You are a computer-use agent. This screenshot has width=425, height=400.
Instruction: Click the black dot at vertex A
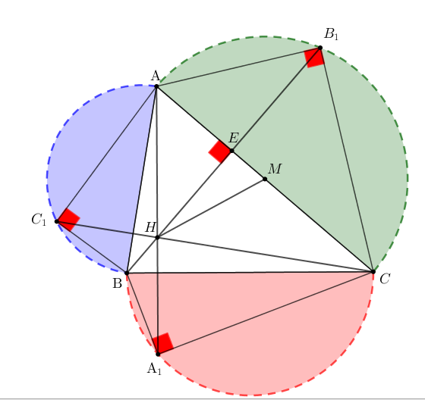pos(156,86)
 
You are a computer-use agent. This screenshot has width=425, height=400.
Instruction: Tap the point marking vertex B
pos(127,273)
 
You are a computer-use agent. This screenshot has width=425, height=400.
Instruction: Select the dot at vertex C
pos(373,271)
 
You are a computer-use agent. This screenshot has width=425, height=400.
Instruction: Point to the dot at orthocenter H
pos(158,237)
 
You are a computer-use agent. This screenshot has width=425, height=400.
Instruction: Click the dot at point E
pos(231,151)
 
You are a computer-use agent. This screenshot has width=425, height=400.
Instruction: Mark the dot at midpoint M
pos(265,179)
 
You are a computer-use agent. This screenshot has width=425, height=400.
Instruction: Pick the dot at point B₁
pos(320,48)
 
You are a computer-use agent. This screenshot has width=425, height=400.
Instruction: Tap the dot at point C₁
pos(57,222)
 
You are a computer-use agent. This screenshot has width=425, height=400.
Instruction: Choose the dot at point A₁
pos(158,354)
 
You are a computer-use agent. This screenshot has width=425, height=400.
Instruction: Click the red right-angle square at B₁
pos(314,58)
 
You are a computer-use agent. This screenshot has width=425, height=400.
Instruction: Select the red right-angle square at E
pos(220,152)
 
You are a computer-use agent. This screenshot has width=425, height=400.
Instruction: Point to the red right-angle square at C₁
pos(68,220)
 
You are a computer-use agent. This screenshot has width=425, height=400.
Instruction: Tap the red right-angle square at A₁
pos(162,343)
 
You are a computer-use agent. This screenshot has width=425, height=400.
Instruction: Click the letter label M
pos(275,169)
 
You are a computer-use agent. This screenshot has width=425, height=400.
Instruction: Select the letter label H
pos(150,227)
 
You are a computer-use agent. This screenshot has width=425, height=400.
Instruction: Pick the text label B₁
pos(331,35)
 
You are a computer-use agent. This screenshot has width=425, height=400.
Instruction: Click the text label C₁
pos(39,220)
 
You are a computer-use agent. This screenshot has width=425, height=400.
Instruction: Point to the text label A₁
pos(154,369)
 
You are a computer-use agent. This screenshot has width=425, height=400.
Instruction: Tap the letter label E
pos(234,138)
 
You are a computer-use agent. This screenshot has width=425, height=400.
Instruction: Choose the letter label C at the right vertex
pos(385,279)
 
